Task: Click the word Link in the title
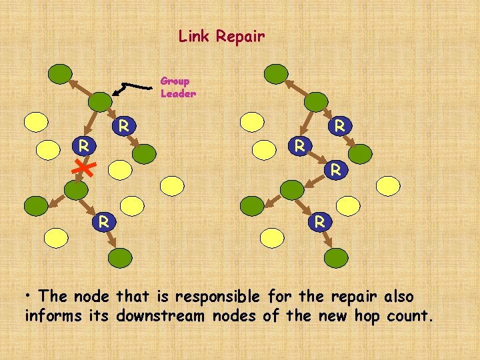195,36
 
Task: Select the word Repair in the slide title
240,37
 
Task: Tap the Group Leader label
178,87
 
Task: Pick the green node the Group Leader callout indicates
101,101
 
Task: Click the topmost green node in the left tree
60,73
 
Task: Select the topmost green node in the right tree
276,73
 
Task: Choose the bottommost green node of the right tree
336,257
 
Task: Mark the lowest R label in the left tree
103,221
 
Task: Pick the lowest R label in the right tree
320,221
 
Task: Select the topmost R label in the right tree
339,125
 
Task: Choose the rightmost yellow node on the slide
388,185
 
